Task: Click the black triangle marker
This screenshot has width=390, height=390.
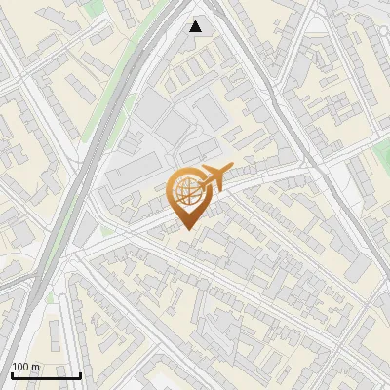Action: (196, 26)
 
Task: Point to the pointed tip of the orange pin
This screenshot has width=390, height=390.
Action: (187, 228)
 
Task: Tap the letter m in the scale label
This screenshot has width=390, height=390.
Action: (36, 367)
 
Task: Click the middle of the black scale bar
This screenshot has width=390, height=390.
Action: (46, 374)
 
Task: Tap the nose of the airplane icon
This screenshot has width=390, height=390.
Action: (231, 171)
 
